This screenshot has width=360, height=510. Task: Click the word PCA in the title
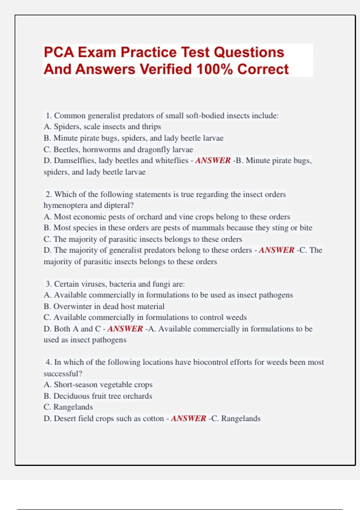(x=59, y=52)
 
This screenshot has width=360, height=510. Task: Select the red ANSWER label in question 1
(x=213, y=160)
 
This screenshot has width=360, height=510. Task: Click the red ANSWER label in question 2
(x=276, y=250)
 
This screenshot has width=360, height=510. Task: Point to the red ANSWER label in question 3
(x=125, y=329)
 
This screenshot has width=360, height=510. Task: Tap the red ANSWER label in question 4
(x=188, y=418)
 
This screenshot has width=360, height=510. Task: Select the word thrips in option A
(x=151, y=127)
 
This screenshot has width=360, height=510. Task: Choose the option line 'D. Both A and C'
(x=72, y=329)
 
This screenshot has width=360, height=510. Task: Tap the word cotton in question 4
(x=153, y=418)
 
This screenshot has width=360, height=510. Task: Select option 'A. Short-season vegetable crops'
(x=98, y=385)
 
